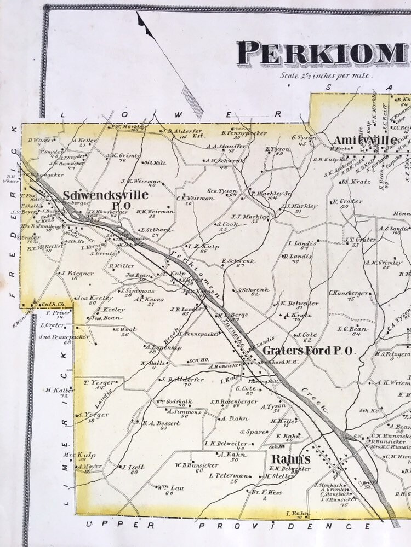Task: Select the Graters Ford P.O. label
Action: click(x=309, y=351)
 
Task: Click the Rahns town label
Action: click(x=290, y=459)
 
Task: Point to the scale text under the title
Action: click(x=326, y=75)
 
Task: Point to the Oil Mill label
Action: click(x=154, y=162)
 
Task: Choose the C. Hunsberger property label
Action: click(x=349, y=293)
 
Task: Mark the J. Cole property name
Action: click(x=307, y=334)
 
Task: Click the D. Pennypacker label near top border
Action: click(x=244, y=133)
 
